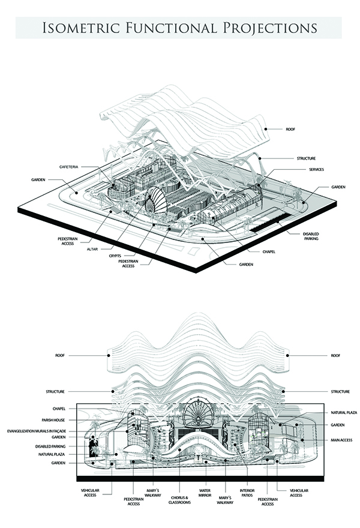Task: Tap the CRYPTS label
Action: tap(116, 255)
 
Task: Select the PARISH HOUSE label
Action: tap(53, 420)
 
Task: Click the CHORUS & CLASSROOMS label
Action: tap(179, 499)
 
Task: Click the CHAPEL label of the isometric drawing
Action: tap(268, 252)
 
